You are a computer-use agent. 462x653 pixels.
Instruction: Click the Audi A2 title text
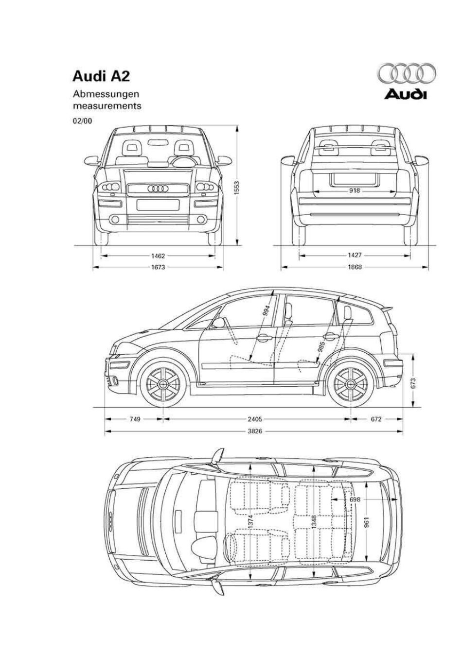(101, 77)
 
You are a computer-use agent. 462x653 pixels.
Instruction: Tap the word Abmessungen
(106, 94)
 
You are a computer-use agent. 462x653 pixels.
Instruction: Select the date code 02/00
(82, 120)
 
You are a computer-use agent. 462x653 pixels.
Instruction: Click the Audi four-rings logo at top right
(407, 73)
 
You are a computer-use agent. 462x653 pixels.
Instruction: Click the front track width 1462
(158, 256)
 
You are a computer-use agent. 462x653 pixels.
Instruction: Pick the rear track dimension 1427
(355, 256)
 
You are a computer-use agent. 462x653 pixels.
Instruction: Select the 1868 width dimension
(355, 267)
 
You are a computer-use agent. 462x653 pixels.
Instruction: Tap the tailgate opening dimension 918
(355, 190)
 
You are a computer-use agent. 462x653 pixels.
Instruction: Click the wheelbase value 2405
(255, 419)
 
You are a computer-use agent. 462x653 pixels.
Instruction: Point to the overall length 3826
(255, 431)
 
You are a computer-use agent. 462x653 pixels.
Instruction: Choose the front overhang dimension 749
(135, 419)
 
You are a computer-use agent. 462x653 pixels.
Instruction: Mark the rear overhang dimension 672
(376, 419)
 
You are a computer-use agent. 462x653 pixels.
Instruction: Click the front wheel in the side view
(163, 382)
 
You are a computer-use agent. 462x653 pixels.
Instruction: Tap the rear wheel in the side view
(350, 382)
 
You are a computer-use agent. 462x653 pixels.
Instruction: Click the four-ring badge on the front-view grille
(158, 189)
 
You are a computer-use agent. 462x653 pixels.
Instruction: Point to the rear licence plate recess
(355, 178)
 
